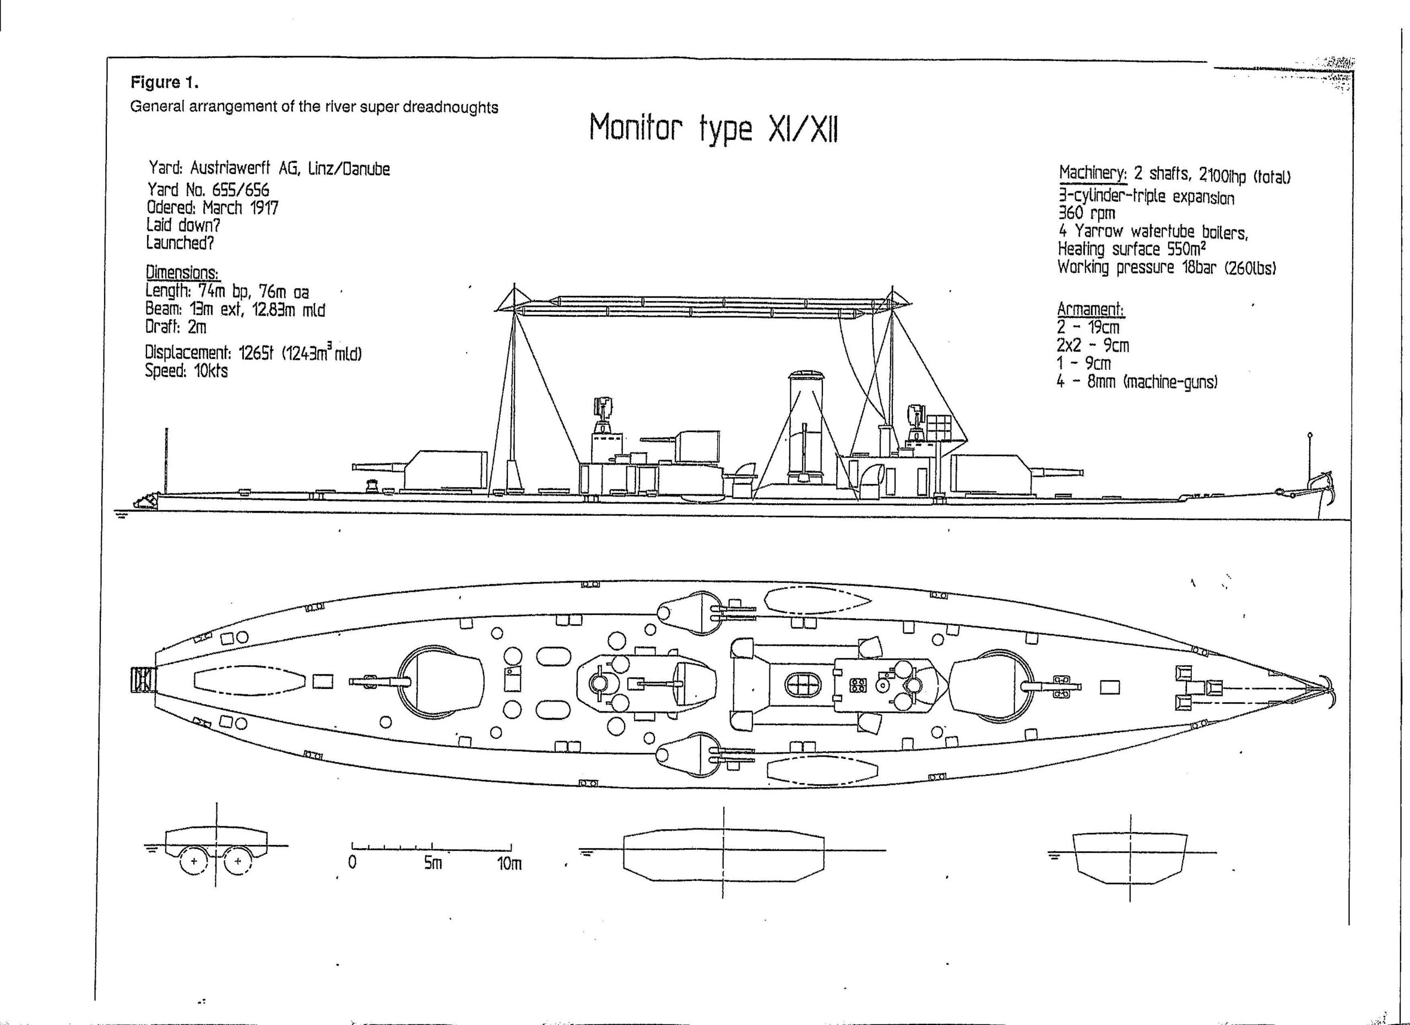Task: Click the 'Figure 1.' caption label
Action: tap(164, 82)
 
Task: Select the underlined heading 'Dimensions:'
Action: tap(182, 272)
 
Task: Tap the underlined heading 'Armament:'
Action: tap(1091, 309)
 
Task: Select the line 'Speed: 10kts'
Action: tap(186, 371)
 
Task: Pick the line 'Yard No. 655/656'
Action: tap(208, 189)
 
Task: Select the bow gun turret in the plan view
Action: tap(990, 684)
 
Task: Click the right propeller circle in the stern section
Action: tap(237, 862)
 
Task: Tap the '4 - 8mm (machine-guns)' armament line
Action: tap(1136, 382)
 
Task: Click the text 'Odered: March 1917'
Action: tap(212, 207)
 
